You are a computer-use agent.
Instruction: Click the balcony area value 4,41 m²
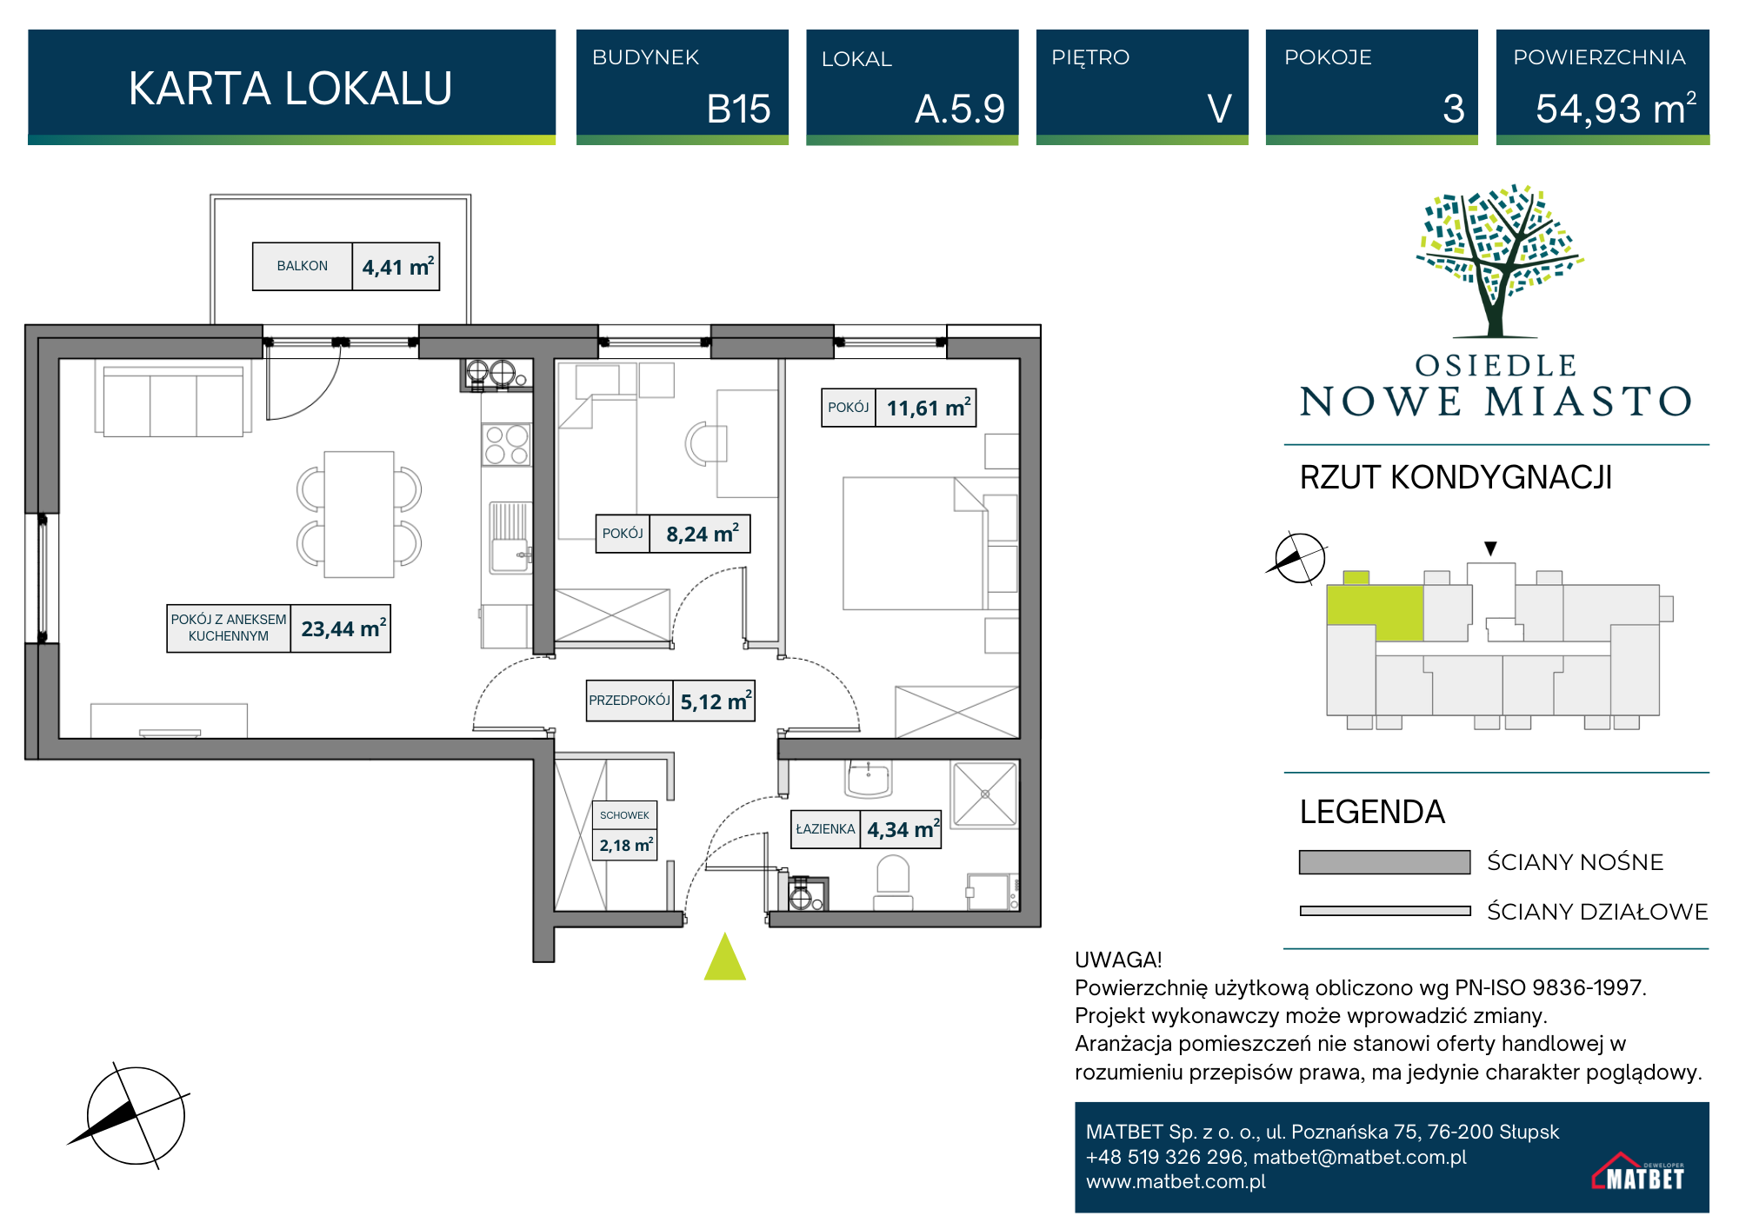[398, 267]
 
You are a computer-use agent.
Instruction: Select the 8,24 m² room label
[623, 534]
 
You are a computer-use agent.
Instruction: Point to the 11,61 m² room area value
[929, 408]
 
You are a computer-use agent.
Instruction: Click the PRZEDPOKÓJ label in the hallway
[630, 701]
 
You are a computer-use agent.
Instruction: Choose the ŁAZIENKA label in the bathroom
[826, 829]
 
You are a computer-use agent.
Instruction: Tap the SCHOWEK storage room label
[624, 815]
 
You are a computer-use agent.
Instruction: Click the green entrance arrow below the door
[725, 957]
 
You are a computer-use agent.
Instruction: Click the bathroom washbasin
[868, 779]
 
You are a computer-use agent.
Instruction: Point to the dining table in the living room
[359, 514]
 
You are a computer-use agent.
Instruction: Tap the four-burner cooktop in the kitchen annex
[507, 445]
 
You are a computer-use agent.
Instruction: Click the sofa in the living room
[173, 401]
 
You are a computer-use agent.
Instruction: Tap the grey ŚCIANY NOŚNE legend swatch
[1384, 862]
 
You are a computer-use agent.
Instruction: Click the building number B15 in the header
[738, 110]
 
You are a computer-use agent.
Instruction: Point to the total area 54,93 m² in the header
[1616, 109]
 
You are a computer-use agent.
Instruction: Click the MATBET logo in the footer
[1638, 1172]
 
